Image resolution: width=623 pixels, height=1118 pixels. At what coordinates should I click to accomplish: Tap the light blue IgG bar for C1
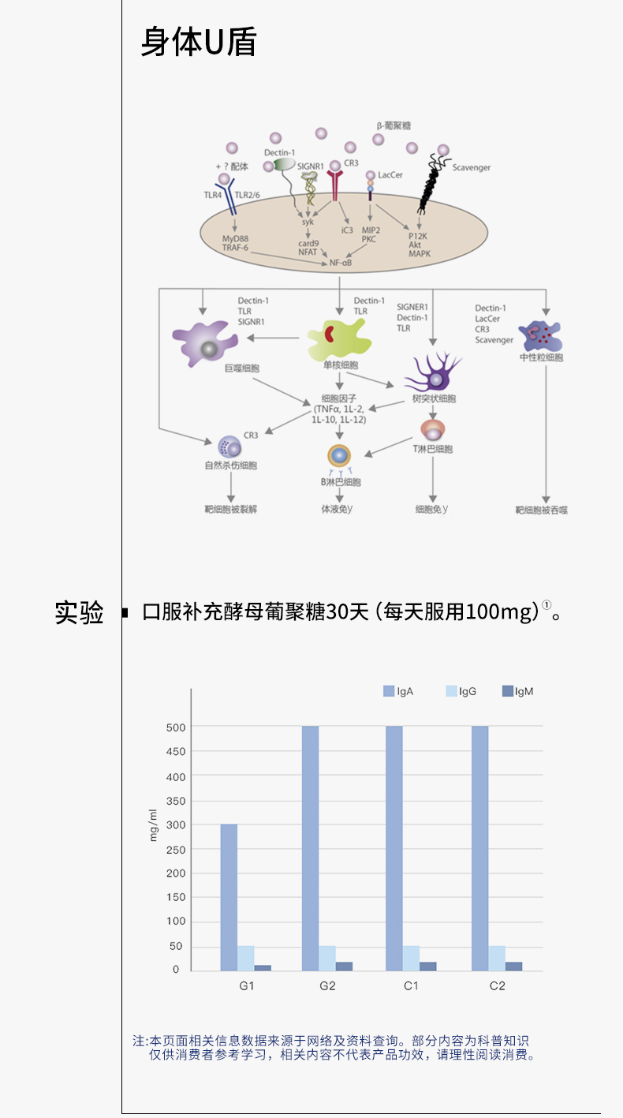[411, 958]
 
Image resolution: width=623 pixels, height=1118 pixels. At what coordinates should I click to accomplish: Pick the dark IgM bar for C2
[513, 966]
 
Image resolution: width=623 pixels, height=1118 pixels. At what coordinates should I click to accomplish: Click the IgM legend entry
[518, 691]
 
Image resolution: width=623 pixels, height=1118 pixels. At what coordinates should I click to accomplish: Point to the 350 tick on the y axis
[175, 801]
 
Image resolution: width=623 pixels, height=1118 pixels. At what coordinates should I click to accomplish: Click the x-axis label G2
[327, 985]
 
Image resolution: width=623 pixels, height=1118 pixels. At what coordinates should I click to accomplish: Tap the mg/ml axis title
[155, 825]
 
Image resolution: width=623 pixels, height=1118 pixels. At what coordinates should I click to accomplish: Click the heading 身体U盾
[199, 42]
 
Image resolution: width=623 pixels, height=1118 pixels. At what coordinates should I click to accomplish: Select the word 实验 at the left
[79, 612]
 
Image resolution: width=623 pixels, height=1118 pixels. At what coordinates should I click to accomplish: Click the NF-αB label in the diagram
[340, 262]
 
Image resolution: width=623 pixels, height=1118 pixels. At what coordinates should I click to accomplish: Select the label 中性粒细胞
[541, 357]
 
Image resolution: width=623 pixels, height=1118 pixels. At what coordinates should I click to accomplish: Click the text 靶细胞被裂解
[230, 509]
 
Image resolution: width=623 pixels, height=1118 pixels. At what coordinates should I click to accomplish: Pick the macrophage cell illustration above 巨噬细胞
[205, 338]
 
